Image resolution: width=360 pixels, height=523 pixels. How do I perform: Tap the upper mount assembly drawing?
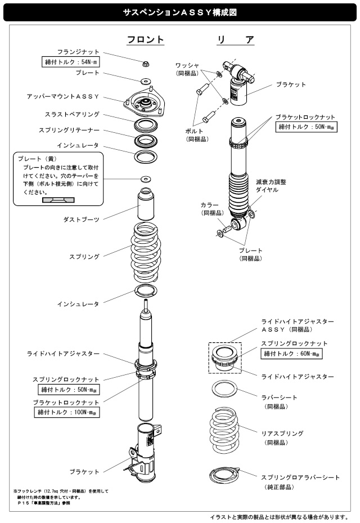146,103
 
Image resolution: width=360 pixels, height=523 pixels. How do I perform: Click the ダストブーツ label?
82,219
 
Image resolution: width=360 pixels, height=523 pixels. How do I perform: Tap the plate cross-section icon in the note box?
58,199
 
